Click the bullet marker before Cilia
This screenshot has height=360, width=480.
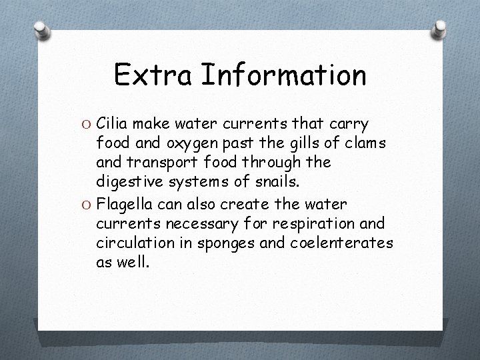click(87, 124)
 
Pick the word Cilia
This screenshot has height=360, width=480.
click(113, 123)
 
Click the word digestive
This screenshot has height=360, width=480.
click(127, 181)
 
